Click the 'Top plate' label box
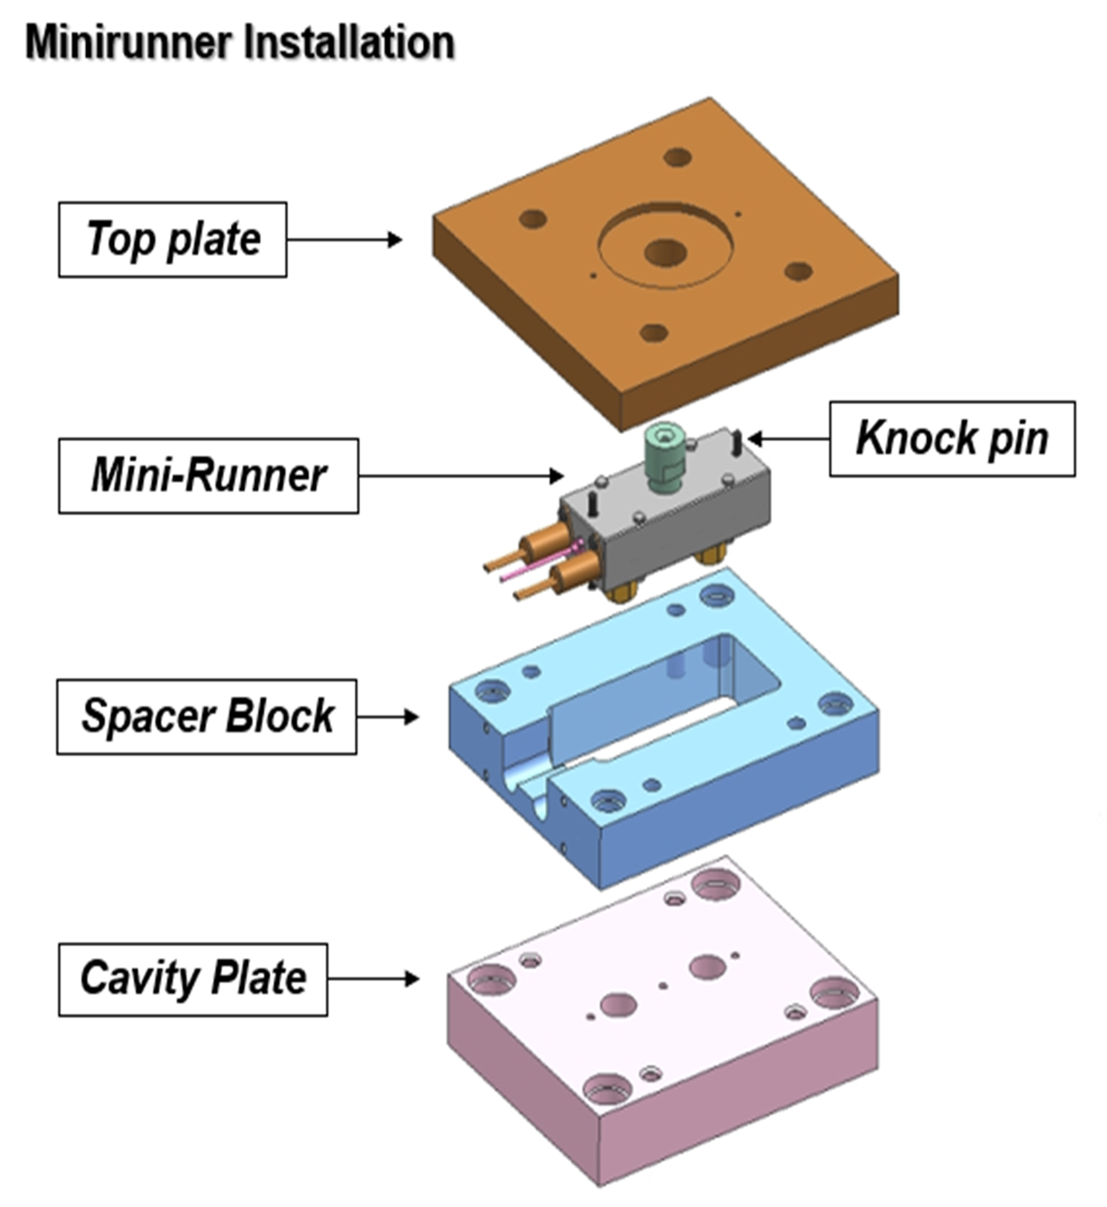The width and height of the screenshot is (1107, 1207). click(172, 239)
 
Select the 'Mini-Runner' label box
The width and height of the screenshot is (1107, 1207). click(208, 476)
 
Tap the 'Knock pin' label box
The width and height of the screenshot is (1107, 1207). click(951, 439)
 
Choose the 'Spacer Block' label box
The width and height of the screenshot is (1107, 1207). click(206, 716)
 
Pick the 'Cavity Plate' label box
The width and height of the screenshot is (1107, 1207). click(192, 979)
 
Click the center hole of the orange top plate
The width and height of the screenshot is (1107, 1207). click(665, 252)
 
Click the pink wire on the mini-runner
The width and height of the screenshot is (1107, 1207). click(539, 560)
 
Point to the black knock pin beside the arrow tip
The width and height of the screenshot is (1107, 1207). click(737, 441)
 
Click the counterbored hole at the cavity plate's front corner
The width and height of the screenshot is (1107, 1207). click(607, 1090)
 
